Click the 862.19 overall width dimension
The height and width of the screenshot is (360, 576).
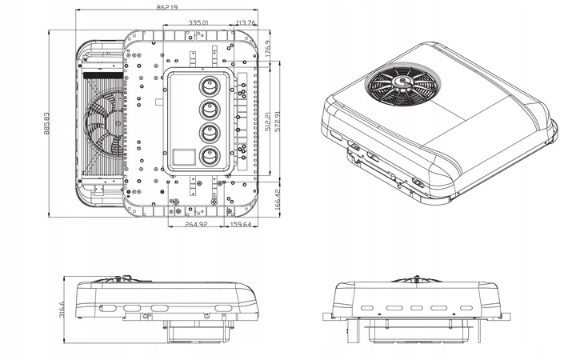[x=166, y=7]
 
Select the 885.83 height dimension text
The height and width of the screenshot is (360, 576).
[x=46, y=123]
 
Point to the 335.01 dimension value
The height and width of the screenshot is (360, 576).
[x=198, y=22]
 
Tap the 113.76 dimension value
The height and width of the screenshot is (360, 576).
[x=246, y=22]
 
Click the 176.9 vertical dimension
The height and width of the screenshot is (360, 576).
[x=268, y=48]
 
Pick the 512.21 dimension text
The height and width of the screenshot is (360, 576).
[x=268, y=122]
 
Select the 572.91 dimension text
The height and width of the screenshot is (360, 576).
[x=278, y=122]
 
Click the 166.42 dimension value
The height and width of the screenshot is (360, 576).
[x=278, y=199]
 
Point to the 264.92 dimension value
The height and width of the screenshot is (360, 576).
[x=196, y=224]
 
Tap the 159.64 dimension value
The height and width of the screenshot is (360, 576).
[x=241, y=224]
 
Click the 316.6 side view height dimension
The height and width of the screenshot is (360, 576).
[x=62, y=310]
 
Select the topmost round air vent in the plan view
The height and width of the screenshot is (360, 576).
[x=210, y=86]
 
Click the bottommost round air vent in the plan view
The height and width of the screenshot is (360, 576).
[x=210, y=157]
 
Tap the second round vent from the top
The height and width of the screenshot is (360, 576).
[x=210, y=110]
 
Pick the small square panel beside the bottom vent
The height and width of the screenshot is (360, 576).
[x=184, y=157]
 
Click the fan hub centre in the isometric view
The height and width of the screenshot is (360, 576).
[x=403, y=82]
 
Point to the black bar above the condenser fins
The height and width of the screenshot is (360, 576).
[x=103, y=76]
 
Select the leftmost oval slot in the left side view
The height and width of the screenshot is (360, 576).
[x=107, y=309]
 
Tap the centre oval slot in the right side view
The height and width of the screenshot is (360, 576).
[x=417, y=308]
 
